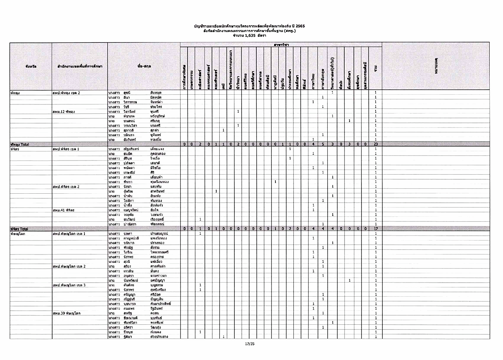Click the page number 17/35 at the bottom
click(250, 344)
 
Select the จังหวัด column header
click(31, 66)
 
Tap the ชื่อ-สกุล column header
click(144, 66)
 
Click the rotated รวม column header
click(376, 68)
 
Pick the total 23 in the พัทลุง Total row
click(376, 144)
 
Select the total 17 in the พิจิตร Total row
click(376, 229)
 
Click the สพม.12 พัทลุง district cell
click(64, 112)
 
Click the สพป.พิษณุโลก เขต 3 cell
click(69, 285)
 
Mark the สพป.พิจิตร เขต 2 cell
click(66, 186)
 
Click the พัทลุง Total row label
click(20, 144)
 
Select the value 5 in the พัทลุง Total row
click(323, 144)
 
